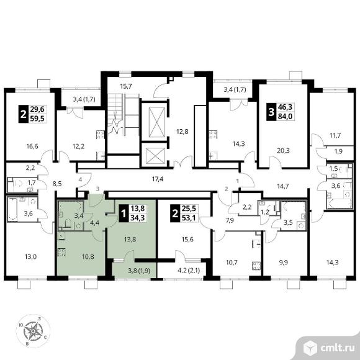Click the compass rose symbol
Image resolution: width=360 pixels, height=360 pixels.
tap(33, 331)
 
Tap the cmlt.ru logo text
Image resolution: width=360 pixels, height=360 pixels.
tap(337, 348)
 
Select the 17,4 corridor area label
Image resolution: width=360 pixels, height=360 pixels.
tap(158, 179)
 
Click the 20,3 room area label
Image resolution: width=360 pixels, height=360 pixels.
tap(283, 151)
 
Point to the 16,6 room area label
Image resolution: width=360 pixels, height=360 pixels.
tap(32, 146)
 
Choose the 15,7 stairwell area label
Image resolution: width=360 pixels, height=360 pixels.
tap(126, 86)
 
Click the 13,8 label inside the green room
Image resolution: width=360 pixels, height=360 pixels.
tap(130, 240)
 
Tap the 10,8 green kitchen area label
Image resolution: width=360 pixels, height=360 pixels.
tap(88, 256)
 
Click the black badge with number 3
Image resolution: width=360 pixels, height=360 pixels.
tap(271, 112)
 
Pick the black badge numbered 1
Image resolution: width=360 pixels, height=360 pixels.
tap(124, 214)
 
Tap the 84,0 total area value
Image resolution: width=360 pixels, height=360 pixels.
tap(285, 117)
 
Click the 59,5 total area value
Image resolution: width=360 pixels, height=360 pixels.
tap(37, 119)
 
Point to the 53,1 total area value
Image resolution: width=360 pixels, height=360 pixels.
tap(189, 218)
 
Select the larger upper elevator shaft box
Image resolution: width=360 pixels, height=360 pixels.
tap(157, 122)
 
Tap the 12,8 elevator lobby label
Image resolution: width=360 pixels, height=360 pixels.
tap(182, 132)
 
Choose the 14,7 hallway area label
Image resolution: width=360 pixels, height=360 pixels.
tap(282, 186)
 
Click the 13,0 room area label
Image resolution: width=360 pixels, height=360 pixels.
tap(30, 256)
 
